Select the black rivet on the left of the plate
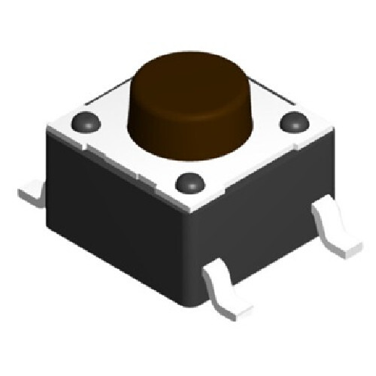pos(85,120)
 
